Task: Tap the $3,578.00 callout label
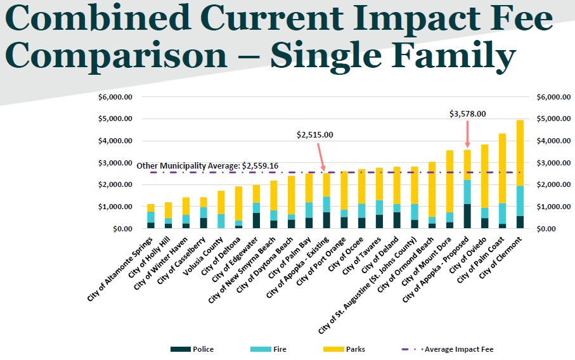pos(467,114)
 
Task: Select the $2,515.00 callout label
pos(314,135)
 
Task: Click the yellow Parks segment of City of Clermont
pos(520,152)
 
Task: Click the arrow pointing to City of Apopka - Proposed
pos(467,134)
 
